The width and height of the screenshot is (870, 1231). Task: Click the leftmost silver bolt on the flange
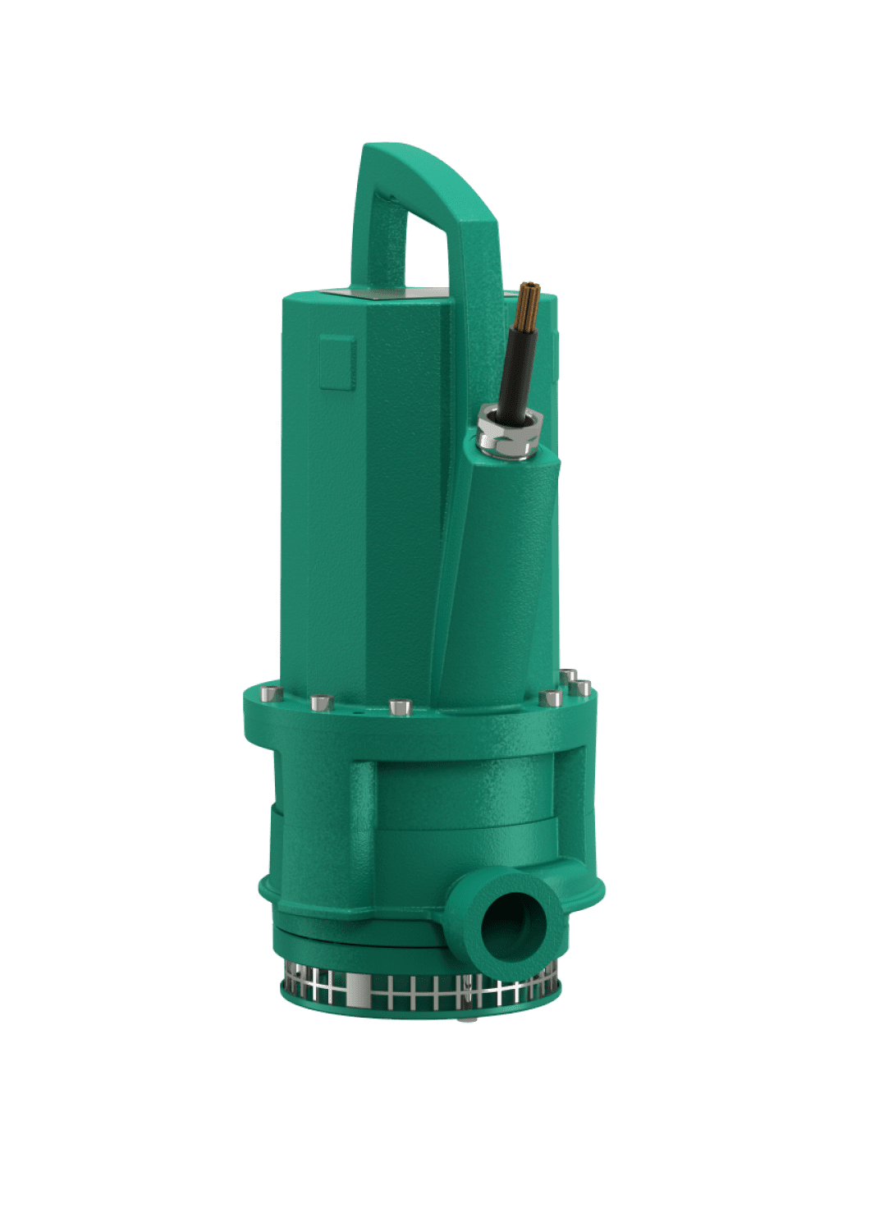(x=268, y=694)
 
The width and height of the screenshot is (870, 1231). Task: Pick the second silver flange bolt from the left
(x=320, y=703)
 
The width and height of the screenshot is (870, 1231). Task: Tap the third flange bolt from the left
(x=399, y=706)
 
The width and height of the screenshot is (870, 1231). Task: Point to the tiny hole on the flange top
(x=354, y=712)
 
